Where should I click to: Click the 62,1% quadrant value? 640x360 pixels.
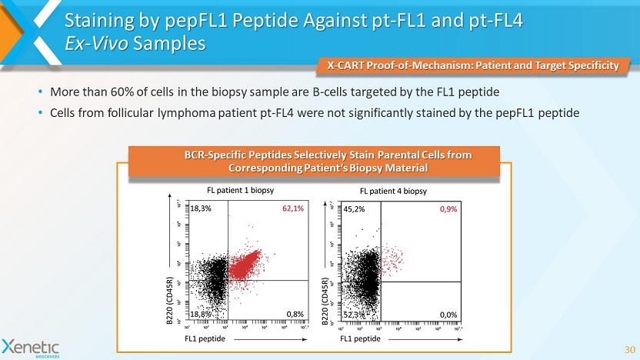pos(293,208)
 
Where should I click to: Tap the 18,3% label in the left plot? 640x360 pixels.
pos(201,208)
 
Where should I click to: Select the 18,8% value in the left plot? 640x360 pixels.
pos(201,314)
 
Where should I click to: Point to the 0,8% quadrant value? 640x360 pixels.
pos(295,314)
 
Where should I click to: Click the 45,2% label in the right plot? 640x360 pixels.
pos(353,208)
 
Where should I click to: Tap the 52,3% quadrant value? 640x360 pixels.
pos(354,314)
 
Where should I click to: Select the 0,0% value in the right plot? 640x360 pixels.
pos(450,314)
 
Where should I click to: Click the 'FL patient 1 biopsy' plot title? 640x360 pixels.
pos(242,190)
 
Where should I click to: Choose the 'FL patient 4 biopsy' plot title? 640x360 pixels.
pos(393,190)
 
